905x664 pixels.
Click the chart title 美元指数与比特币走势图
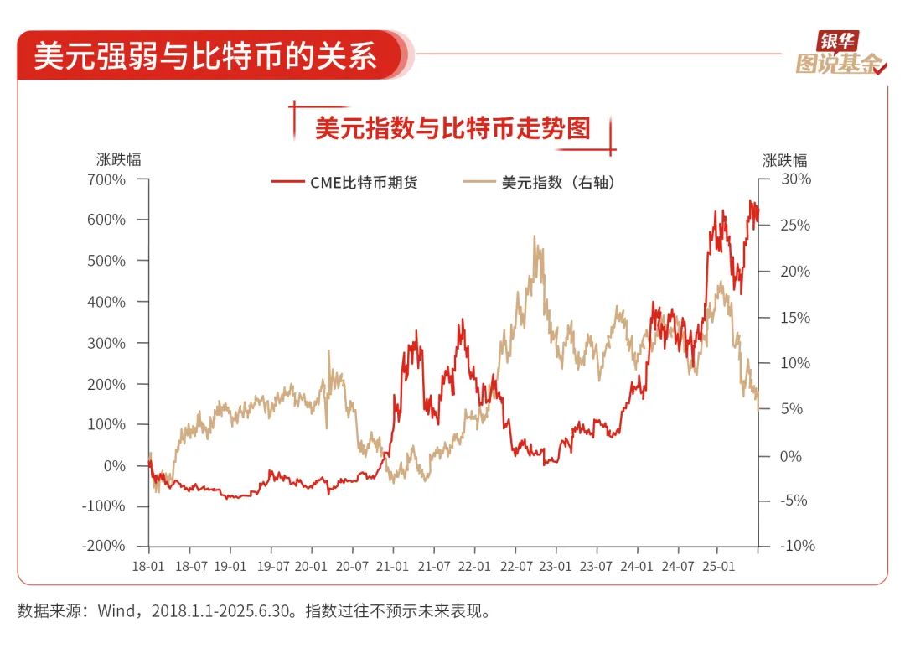pyautogui.click(x=452, y=128)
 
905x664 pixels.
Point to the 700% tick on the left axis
pyautogui.click(x=106, y=179)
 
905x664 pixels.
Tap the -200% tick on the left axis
pyautogui.click(x=104, y=546)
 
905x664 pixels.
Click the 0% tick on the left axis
pyautogui.click(x=112, y=466)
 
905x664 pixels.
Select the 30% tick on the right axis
pyautogui.click(x=796, y=179)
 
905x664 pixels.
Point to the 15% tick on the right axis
pyautogui.click(x=796, y=318)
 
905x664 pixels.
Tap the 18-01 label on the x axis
pyautogui.click(x=148, y=566)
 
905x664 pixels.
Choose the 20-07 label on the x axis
pyautogui.click(x=352, y=566)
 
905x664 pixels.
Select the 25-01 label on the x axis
pyautogui.click(x=718, y=566)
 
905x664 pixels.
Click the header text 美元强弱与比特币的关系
pyautogui.click(x=205, y=56)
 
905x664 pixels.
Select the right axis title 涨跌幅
pyautogui.click(x=784, y=160)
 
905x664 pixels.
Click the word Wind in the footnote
pyautogui.click(x=116, y=610)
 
